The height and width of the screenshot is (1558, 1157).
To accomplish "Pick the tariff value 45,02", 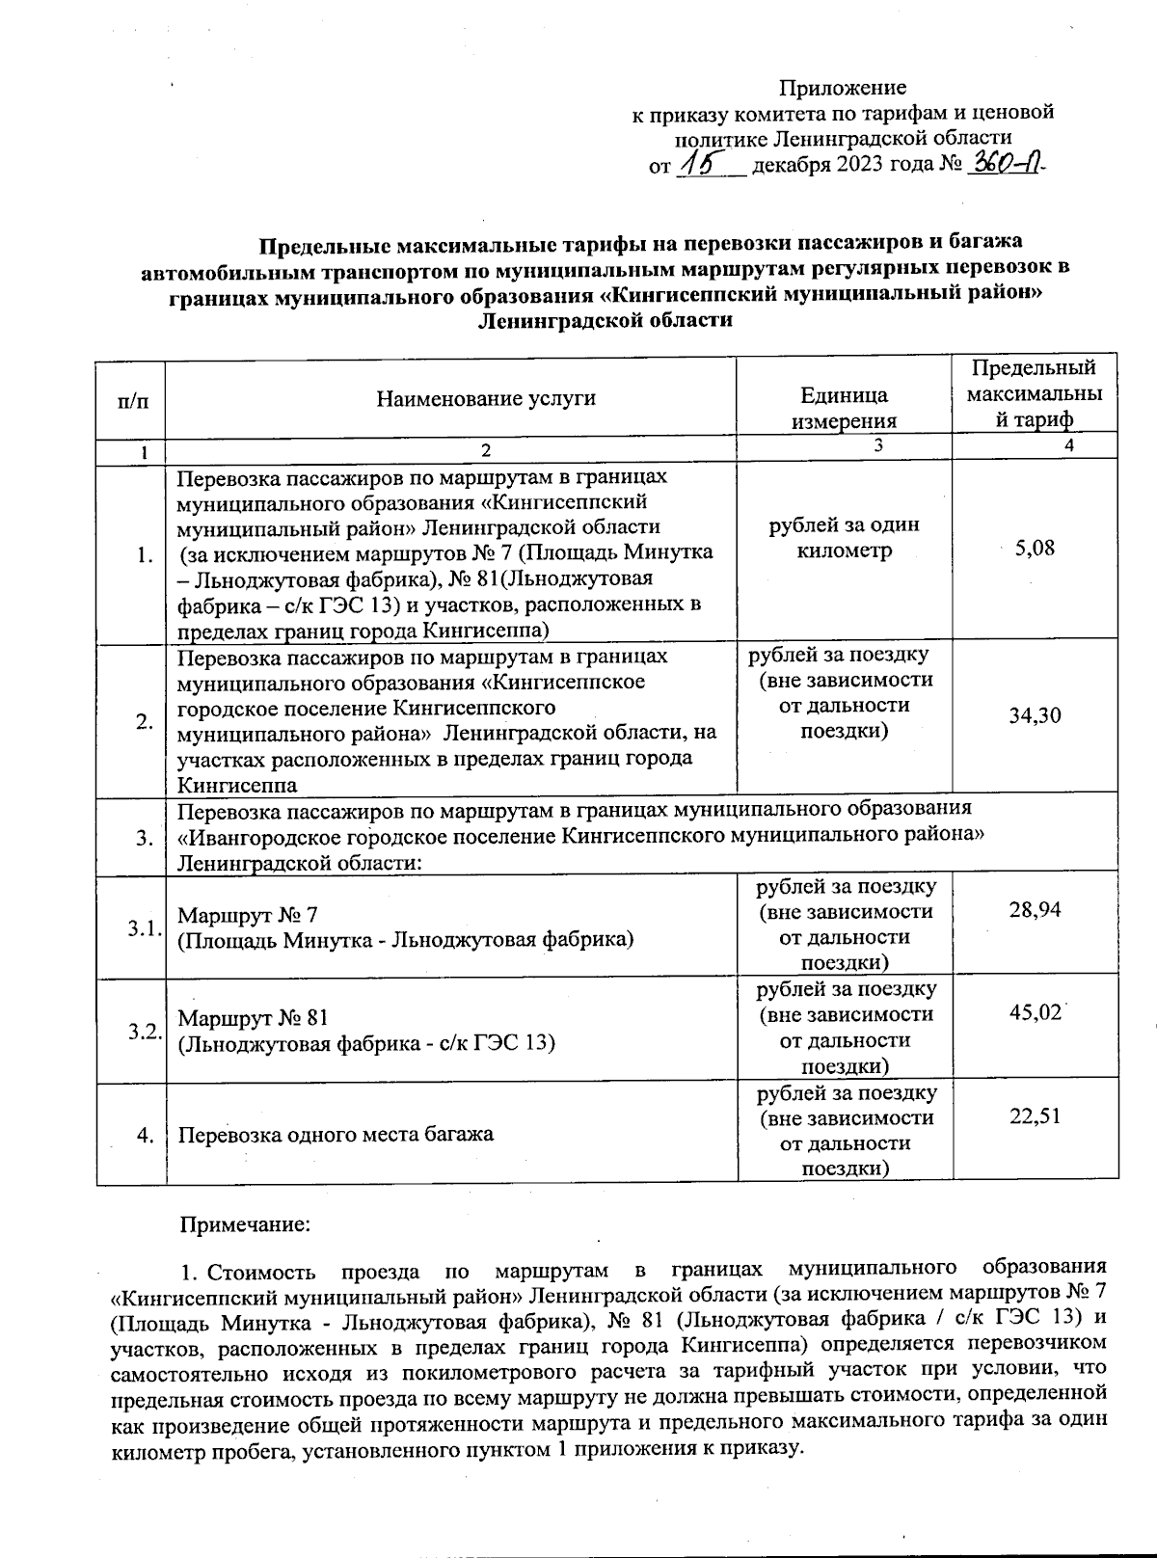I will pos(1035,1013).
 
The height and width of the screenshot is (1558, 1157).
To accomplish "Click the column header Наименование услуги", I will pos(486,397).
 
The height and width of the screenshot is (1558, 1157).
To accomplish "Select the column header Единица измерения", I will pos(844,408).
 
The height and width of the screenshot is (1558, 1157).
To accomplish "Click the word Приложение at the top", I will pos(842,88).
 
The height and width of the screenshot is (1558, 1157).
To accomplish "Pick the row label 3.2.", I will pos(144,1031).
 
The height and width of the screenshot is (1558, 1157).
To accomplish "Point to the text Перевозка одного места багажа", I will pos(336,1134).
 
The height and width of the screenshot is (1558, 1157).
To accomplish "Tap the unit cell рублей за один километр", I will pos(844,538).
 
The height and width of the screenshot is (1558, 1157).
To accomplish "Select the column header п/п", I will pos(132,399).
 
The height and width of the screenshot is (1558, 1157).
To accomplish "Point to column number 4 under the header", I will pos(1068,444).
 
